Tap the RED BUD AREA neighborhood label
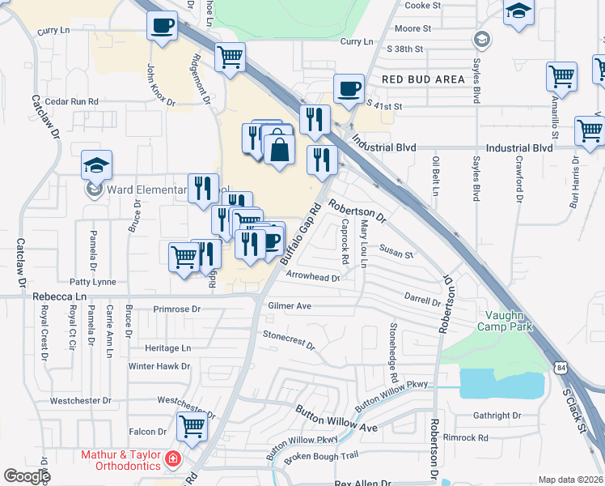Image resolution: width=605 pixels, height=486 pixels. [x=424, y=79]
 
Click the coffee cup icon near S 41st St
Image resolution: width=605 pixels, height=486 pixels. [x=349, y=89]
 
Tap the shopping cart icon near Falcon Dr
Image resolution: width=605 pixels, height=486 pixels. [x=192, y=424]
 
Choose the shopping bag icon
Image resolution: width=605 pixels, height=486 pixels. [x=279, y=150]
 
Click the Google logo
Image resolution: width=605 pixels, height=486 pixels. [x=27, y=476]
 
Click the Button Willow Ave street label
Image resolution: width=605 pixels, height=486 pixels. [x=336, y=416]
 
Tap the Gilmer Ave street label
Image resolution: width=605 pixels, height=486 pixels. [x=289, y=306]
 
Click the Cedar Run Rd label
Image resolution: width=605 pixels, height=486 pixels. [x=72, y=102]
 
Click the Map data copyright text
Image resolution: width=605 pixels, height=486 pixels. [x=570, y=480]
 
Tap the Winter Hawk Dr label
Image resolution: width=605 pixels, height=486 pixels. [x=159, y=366]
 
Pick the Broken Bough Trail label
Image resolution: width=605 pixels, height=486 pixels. [x=320, y=457]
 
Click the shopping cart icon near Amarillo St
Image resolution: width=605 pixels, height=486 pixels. [x=561, y=77]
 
